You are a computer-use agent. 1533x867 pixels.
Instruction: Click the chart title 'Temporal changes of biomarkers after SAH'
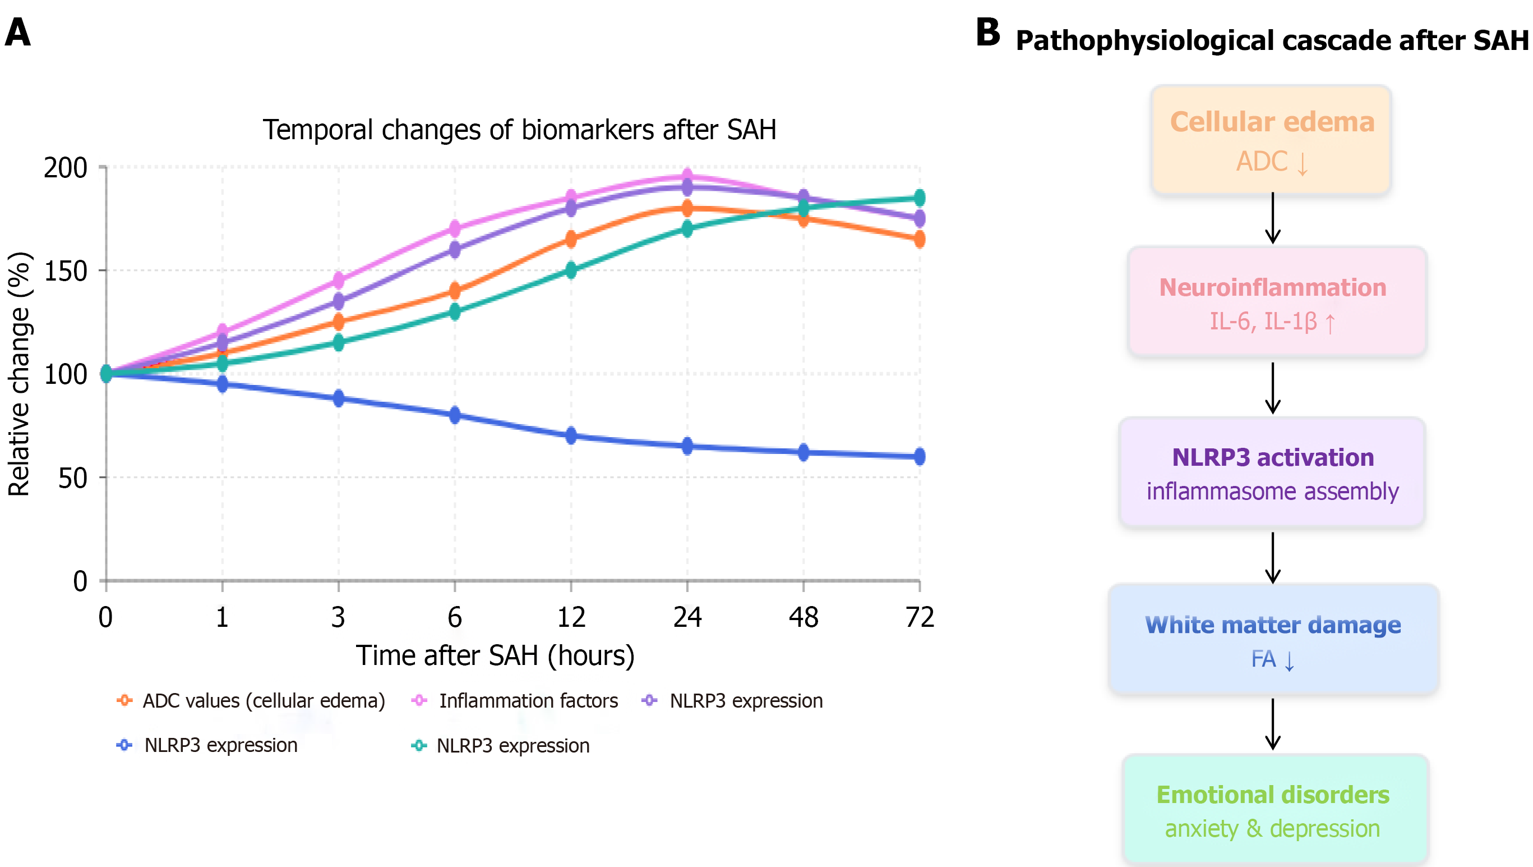tap(520, 130)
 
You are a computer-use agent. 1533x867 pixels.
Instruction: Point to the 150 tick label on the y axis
tap(66, 272)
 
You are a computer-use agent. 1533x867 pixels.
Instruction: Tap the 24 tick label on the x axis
tap(687, 617)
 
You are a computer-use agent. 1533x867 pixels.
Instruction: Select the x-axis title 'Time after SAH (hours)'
tap(495, 655)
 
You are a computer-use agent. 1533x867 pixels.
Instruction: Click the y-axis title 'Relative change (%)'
tap(19, 374)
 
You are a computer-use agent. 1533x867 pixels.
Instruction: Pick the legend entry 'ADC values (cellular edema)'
tap(264, 701)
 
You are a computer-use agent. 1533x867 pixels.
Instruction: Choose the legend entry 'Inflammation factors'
tap(528, 701)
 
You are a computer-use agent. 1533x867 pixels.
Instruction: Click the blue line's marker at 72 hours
tap(920, 456)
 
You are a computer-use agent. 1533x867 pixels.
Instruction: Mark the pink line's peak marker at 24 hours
tap(687, 176)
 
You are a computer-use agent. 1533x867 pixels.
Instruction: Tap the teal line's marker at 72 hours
tap(920, 198)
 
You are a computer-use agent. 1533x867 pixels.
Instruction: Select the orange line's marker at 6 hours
tap(455, 291)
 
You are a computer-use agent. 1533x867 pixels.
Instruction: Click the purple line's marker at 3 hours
tap(339, 301)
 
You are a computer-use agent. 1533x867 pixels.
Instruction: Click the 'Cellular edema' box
tap(1271, 140)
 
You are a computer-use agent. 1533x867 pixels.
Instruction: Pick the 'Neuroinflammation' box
tap(1277, 302)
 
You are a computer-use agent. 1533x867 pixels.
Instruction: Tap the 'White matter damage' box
tap(1273, 640)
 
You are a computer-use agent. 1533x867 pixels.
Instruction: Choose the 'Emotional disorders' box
tap(1275, 809)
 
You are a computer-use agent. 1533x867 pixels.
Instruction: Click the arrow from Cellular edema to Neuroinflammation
tap(1272, 218)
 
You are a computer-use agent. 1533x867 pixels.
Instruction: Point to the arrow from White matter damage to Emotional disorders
tap(1272, 724)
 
